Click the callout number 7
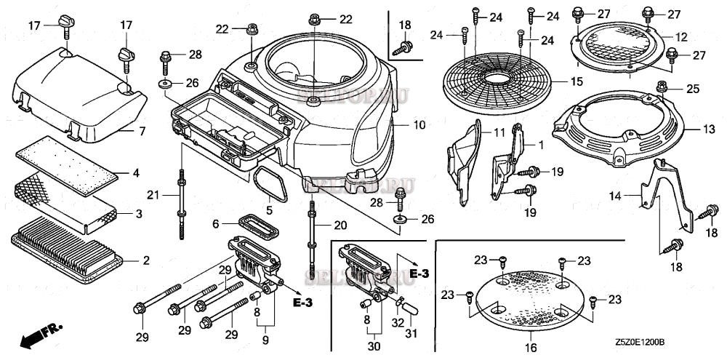(x=142, y=131)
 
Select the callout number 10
(x=419, y=125)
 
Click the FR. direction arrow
(x=41, y=334)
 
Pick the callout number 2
(x=145, y=260)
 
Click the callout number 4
(x=135, y=173)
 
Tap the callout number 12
(x=681, y=36)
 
